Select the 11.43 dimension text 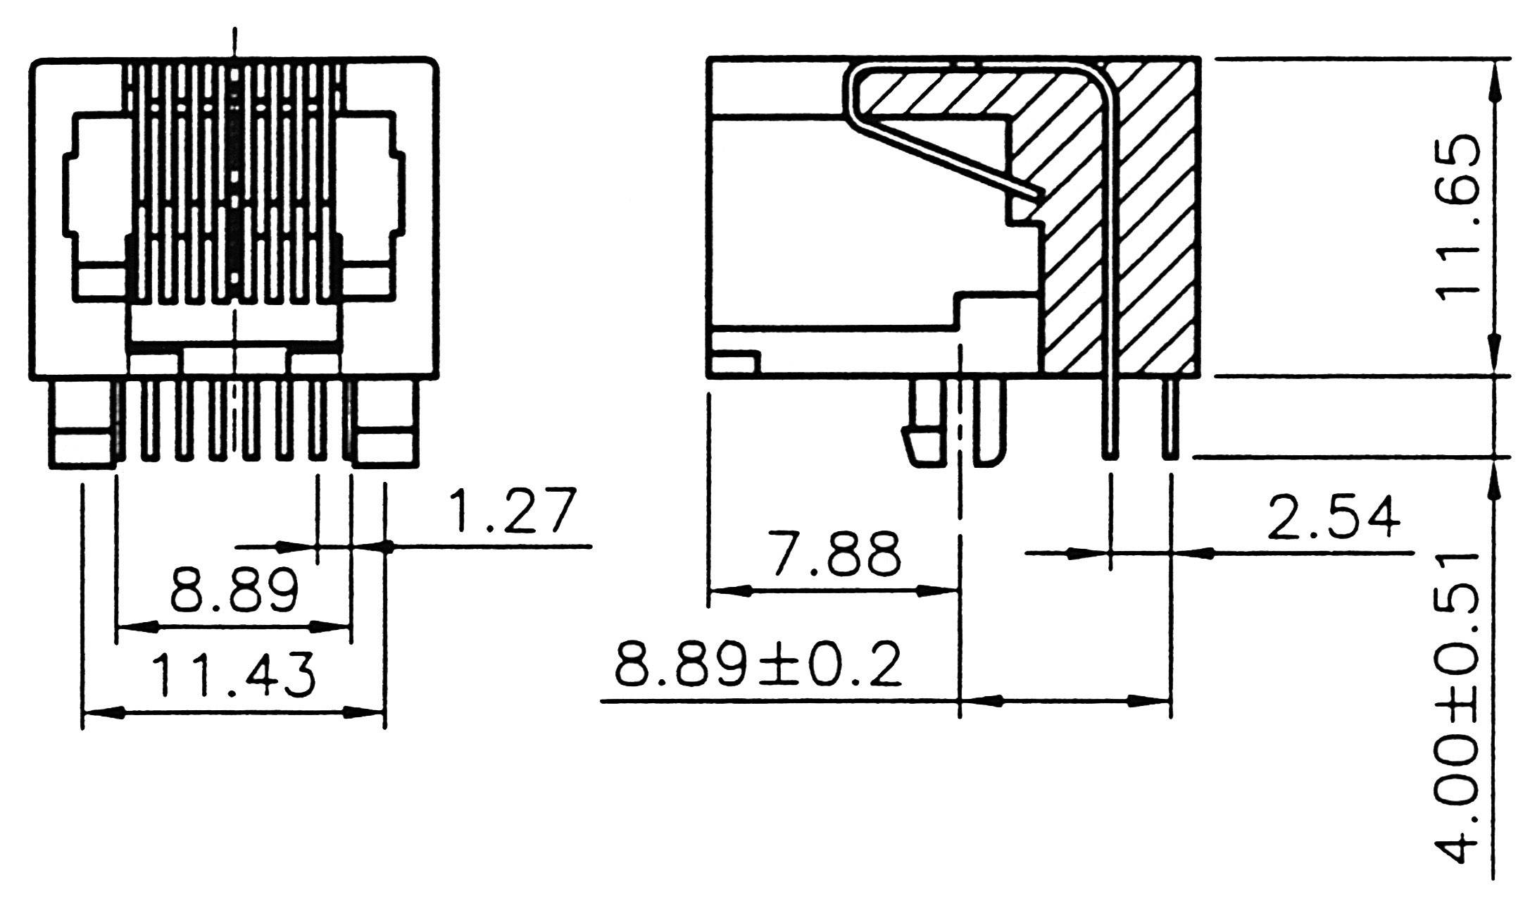click(234, 675)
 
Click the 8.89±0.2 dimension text click(758, 665)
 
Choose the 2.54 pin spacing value click(1333, 518)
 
